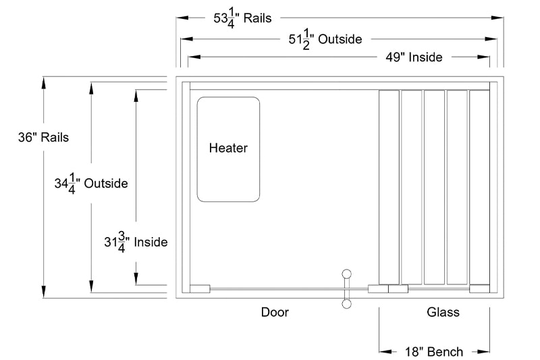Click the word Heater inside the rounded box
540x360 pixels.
(x=228, y=148)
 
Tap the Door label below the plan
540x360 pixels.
(x=275, y=312)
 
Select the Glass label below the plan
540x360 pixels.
(x=443, y=312)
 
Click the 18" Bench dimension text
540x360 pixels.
(x=435, y=351)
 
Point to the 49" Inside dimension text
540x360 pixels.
(x=414, y=57)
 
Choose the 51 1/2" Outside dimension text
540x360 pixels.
(x=325, y=40)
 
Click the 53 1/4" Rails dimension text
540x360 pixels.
(x=243, y=18)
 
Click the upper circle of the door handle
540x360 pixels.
(x=347, y=274)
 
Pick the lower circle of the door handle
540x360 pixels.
(x=347, y=304)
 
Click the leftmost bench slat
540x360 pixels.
(x=389, y=186)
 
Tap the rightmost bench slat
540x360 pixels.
(x=479, y=186)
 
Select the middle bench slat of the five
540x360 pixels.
(x=434, y=186)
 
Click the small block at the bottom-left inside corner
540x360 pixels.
(x=200, y=289)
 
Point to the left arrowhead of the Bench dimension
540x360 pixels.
(x=385, y=351)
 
